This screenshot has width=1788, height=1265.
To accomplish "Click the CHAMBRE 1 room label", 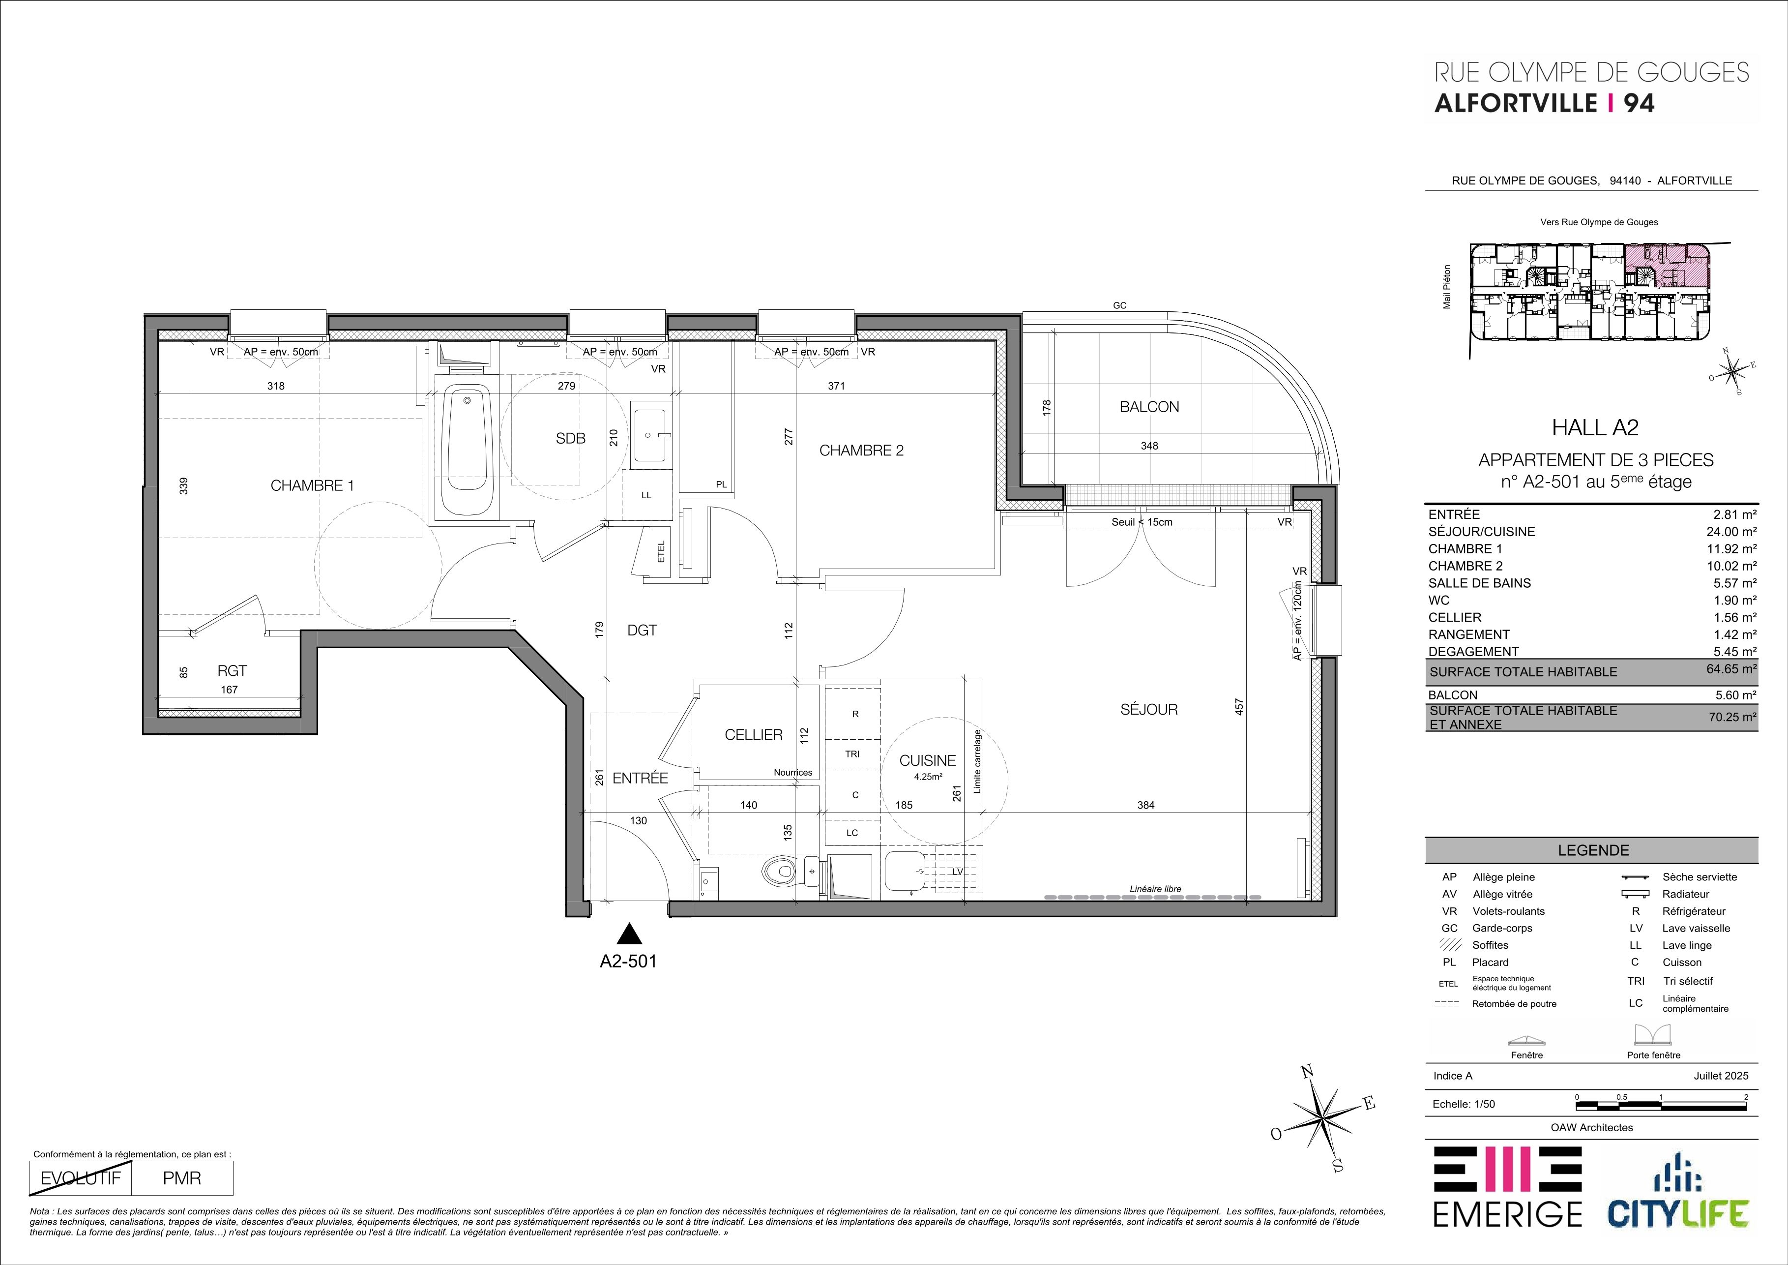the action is tap(312, 486).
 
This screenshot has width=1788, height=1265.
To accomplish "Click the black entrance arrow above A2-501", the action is tap(628, 933).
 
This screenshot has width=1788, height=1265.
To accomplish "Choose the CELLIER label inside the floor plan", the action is tap(753, 734).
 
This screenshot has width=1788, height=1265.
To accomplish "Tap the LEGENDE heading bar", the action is tap(1592, 850).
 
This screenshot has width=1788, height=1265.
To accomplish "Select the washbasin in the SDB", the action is tap(649, 436).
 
